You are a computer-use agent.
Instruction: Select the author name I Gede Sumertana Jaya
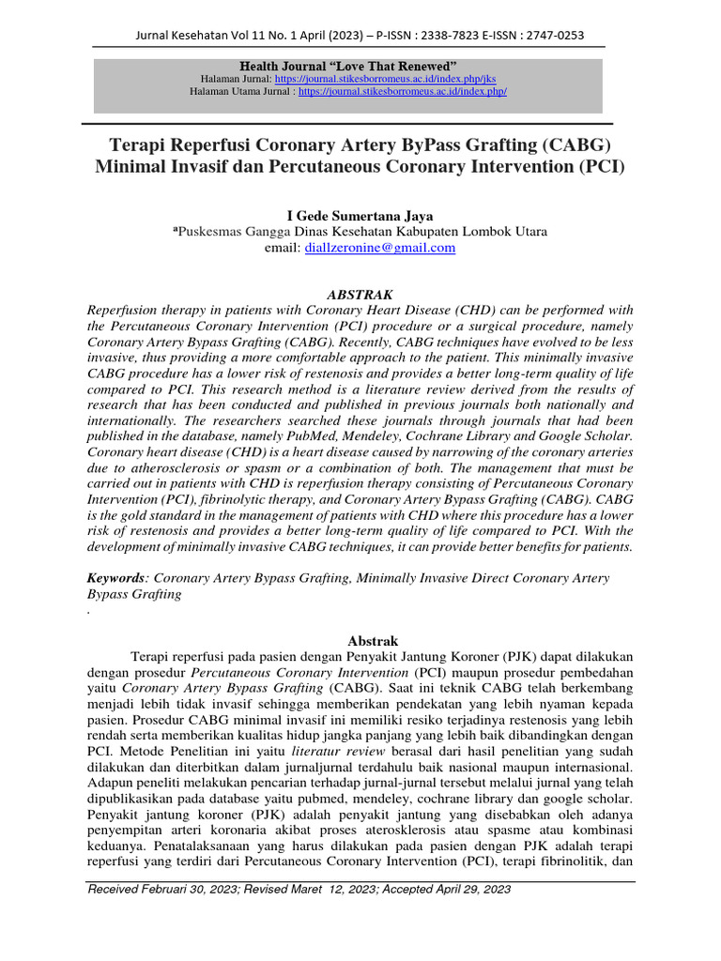coord(360,216)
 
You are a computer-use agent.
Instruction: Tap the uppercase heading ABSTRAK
coord(360,294)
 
